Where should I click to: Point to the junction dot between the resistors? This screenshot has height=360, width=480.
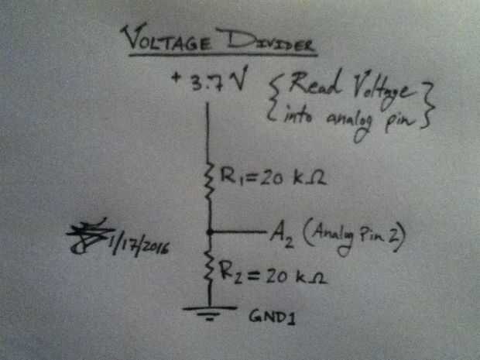pyautogui.click(x=209, y=231)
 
